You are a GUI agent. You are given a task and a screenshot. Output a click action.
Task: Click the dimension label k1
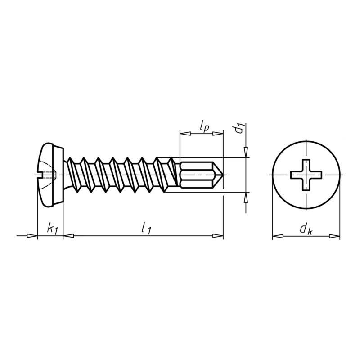(52, 228)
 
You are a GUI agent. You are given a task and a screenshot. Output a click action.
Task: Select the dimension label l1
(146, 229)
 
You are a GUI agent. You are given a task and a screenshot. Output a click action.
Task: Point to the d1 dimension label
(239, 129)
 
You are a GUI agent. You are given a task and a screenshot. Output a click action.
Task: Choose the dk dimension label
(306, 229)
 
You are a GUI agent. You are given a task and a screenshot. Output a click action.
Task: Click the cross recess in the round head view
(306, 175)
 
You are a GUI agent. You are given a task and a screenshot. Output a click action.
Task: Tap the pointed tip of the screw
(223, 175)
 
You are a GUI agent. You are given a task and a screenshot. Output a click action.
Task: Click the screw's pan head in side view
(51, 175)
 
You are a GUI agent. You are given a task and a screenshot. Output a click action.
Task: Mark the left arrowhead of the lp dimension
(185, 134)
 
